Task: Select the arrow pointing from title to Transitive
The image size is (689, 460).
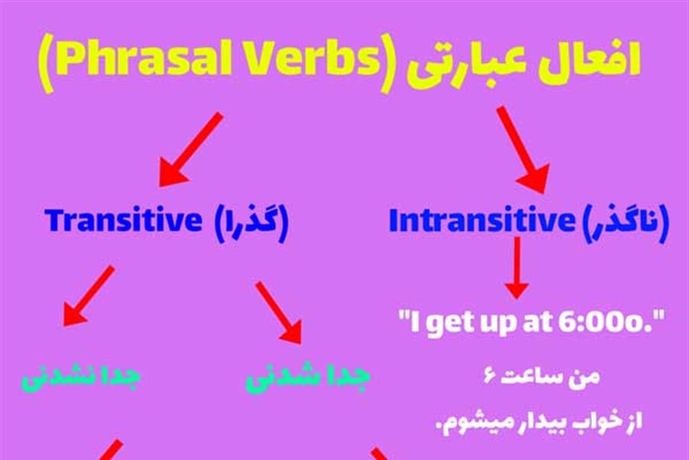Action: point(191,150)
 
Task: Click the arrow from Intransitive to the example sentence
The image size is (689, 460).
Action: point(518,268)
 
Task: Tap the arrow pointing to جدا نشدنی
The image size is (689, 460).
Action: point(89,296)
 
